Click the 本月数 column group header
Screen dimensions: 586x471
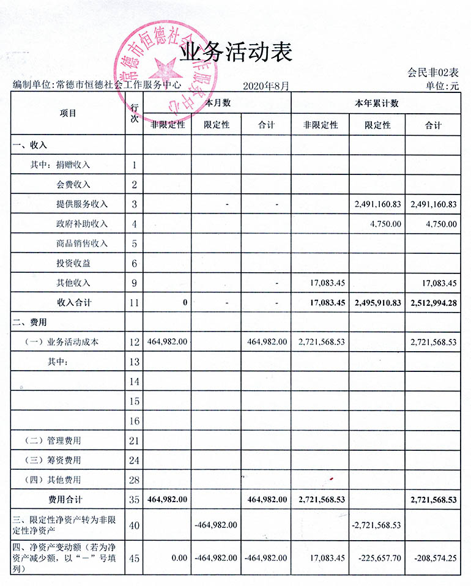217,103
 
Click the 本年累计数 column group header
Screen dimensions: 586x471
376,103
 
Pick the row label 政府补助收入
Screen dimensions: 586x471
81,223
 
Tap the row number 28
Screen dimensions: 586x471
134,480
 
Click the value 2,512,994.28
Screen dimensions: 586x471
434,303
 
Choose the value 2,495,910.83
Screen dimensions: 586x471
377,303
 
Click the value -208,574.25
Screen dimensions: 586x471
434,558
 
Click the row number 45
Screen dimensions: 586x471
134,558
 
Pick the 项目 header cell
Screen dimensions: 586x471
69,113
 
